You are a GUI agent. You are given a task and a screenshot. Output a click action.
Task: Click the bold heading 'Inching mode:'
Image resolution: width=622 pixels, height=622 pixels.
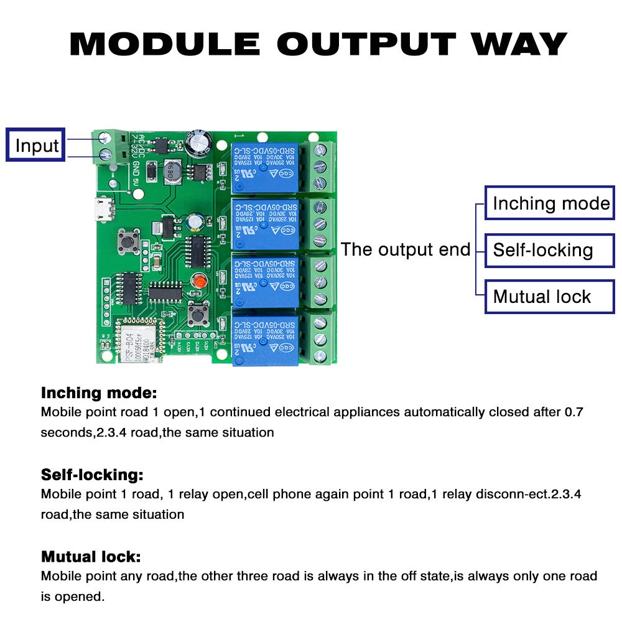[x=99, y=393]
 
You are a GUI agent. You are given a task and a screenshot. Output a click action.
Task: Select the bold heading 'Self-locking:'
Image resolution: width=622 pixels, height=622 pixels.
[x=92, y=475]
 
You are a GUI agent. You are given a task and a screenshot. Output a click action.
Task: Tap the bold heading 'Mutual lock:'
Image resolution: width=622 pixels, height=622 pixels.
[x=91, y=556]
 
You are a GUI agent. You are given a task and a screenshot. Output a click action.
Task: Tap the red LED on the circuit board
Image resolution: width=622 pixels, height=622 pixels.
[x=199, y=281]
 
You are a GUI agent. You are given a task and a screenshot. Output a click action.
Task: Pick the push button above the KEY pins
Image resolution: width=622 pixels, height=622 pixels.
[x=198, y=313]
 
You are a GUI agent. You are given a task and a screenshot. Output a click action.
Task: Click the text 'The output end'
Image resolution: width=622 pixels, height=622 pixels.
[x=406, y=250]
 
